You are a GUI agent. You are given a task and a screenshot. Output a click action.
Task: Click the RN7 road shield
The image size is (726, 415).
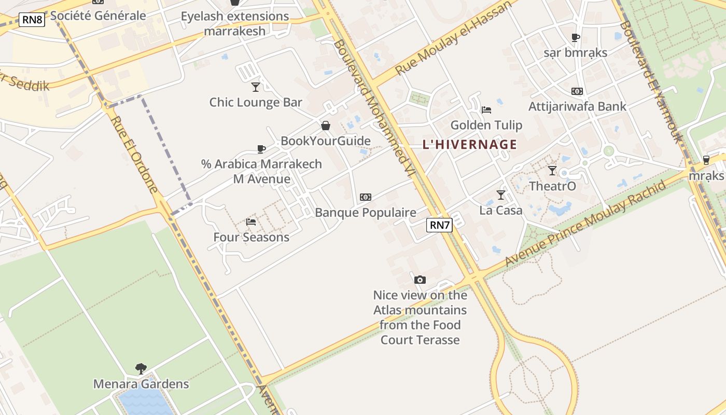[439, 225]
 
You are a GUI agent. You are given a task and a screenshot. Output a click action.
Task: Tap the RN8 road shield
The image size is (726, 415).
[32, 20]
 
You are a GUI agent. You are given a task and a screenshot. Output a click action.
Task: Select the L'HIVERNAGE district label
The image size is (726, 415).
[470, 145]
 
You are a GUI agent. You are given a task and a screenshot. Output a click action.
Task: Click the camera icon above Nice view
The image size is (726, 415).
[420, 280]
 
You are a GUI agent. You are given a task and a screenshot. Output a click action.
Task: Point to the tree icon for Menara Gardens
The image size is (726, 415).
[141, 369]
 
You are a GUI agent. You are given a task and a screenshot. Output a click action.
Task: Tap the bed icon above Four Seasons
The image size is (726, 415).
[251, 222]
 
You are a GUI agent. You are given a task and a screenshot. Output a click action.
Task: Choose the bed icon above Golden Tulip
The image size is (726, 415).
[486, 110]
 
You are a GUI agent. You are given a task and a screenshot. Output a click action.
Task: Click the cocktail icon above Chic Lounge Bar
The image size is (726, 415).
[255, 87]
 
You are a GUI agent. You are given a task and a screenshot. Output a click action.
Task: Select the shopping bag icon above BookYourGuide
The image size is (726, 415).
[326, 126]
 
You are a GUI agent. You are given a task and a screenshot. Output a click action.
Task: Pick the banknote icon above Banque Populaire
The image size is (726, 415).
[366, 197]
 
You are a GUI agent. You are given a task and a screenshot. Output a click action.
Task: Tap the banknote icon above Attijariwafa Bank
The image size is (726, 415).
[577, 91]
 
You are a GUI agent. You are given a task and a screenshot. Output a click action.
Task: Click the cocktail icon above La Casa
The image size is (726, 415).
[500, 195]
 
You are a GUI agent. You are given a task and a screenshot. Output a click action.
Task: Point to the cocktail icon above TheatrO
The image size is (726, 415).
[552, 171]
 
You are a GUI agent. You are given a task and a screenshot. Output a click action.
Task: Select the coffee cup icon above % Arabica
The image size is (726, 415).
[261, 149]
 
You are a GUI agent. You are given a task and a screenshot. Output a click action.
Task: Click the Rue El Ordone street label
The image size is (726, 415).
[134, 155]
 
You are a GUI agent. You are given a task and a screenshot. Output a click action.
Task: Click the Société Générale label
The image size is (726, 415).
[98, 16]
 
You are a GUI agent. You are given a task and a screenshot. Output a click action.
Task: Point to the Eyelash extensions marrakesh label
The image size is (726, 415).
[235, 23]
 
